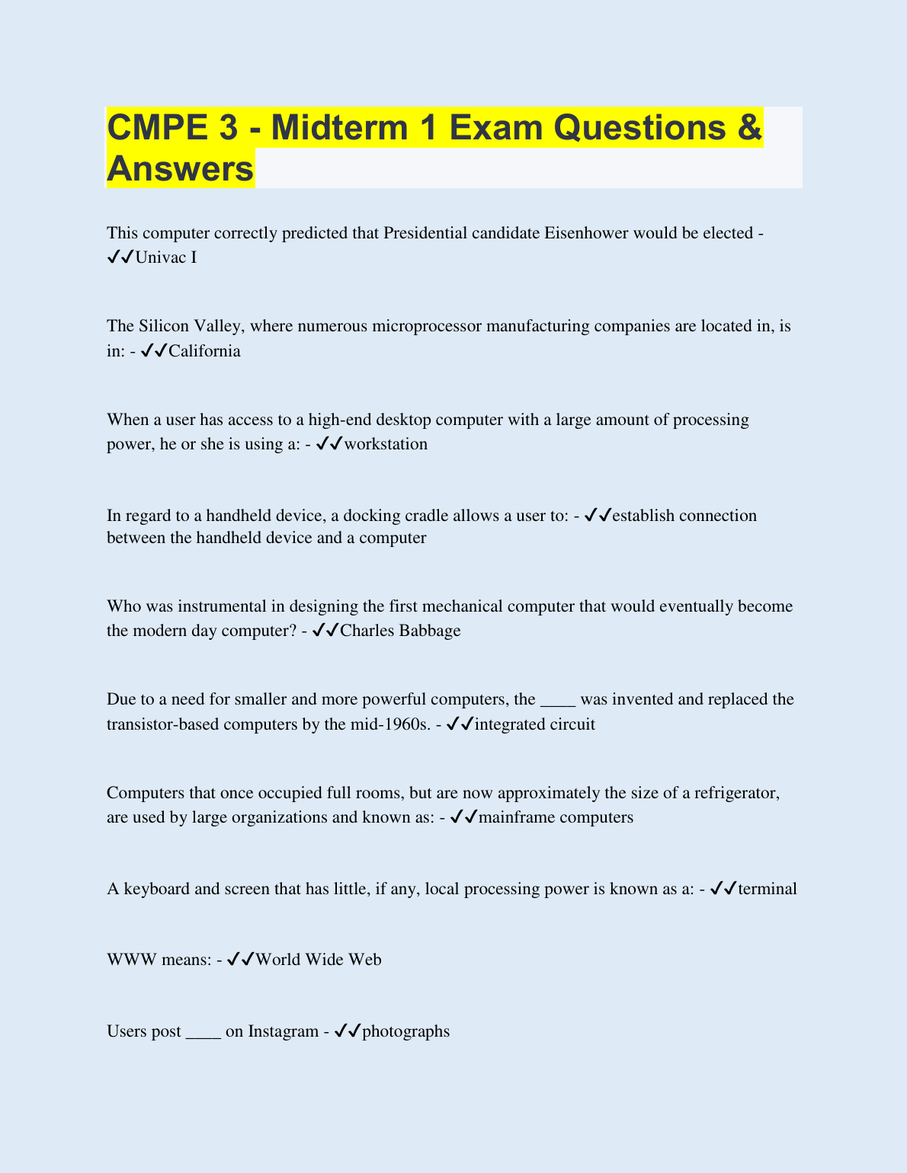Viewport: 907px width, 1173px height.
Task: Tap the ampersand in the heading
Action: pos(749,127)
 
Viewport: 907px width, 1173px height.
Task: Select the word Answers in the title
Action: pos(180,169)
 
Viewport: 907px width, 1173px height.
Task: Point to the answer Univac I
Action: pos(165,257)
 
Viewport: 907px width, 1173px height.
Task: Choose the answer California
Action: pos(204,351)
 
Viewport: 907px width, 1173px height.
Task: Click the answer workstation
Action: pos(386,444)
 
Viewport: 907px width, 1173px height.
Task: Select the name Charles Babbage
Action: pos(400,631)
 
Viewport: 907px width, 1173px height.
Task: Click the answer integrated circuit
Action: pos(534,724)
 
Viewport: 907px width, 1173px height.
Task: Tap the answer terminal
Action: pos(768,889)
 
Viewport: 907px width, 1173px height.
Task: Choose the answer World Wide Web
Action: pos(318,960)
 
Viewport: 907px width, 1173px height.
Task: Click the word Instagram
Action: pos(283,1031)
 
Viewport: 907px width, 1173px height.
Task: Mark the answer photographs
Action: pos(405,1031)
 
